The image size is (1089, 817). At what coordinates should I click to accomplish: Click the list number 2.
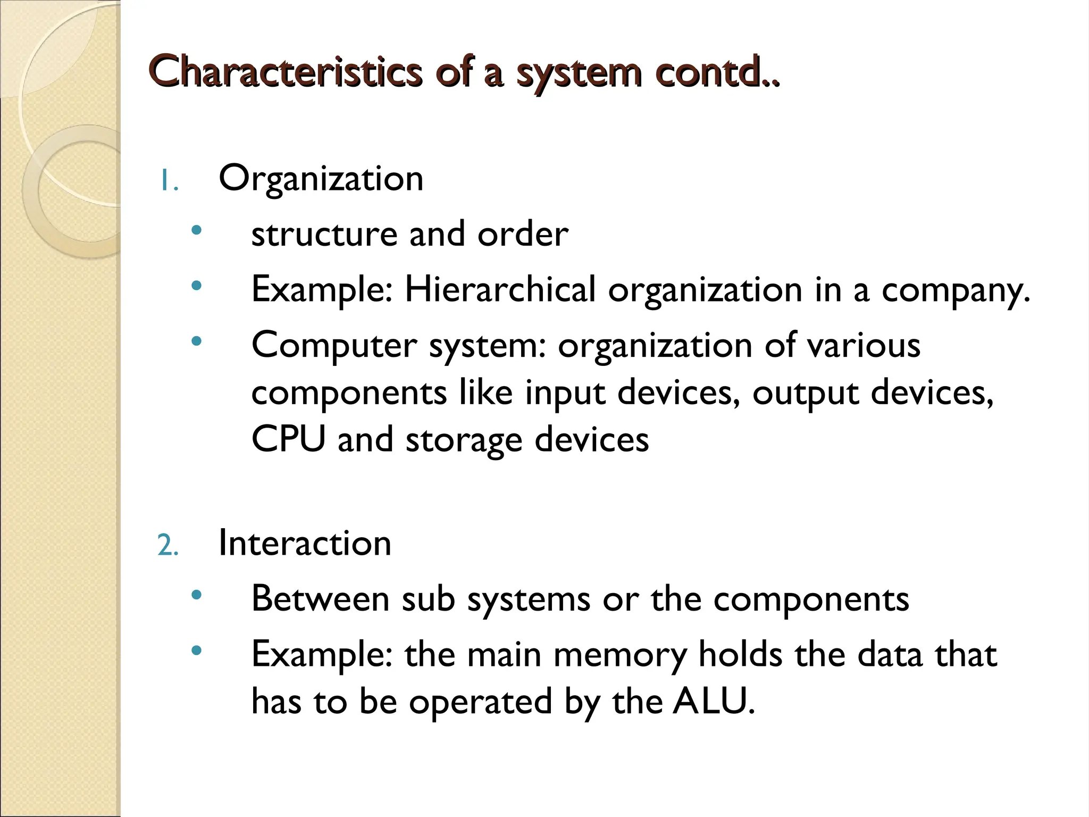coord(167,546)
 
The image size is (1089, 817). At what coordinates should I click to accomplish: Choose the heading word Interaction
coord(305,544)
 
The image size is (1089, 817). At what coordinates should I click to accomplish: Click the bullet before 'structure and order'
coord(197,230)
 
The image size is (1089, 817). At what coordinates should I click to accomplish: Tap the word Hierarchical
coord(500,290)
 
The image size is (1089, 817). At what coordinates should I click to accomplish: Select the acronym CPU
coord(288,439)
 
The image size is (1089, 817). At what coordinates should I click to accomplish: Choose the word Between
coord(320,599)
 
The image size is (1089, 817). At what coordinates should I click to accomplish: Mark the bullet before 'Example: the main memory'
coord(197,649)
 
